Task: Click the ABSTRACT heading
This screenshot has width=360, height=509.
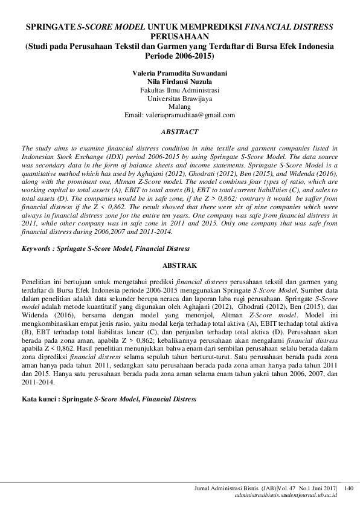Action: click(x=179, y=131)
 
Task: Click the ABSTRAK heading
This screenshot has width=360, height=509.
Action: click(x=179, y=265)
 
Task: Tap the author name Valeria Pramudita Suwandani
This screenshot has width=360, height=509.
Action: click(x=179, y=72)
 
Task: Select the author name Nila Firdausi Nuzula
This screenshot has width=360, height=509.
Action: click(x=179, y=80)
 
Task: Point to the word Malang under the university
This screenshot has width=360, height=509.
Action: click(x=179, y=106)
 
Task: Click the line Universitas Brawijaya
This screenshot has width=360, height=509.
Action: click(x=179, y=97)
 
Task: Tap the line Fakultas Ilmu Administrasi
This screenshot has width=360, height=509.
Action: click(x=179, y=89)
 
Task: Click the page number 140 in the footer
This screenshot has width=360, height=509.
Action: click(x=349, y=487)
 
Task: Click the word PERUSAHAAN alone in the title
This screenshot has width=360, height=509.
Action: click(x=179, y=37)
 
